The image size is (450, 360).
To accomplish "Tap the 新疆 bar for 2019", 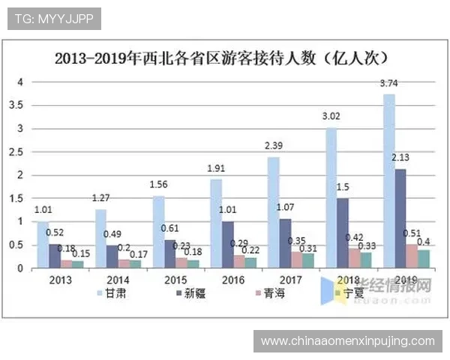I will click(x=401, y=218).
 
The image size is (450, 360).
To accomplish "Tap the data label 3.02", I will click(x=331, y=117).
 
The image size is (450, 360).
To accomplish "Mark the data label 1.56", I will click(x=157, y=185).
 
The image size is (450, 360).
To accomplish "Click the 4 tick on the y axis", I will click(x=21, y=82).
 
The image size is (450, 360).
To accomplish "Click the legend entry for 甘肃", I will click(x=111, y=292).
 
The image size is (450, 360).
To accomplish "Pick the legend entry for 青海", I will click(x=265, y=292).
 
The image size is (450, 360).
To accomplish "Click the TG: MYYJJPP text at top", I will click(x=53, y=19).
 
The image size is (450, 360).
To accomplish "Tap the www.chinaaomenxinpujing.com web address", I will click(x=347, y=341).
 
